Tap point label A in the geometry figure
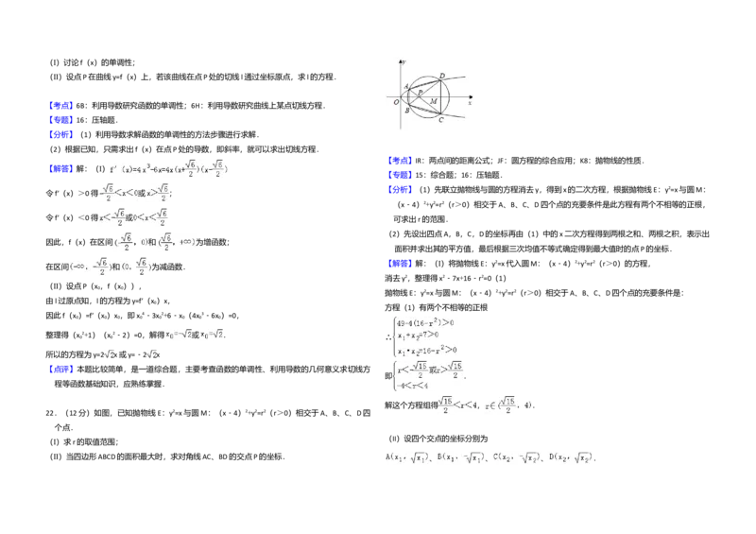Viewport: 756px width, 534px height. point(405,86)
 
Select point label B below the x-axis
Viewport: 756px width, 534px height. point(406,111)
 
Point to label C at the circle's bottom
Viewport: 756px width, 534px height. point(441,120)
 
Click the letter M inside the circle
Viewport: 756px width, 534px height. point(433,101)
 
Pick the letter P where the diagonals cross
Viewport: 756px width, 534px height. point(421,93)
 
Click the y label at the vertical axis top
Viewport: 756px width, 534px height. point(406,61)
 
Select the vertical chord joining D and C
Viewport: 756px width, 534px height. point(440,97)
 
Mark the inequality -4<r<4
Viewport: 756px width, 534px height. point(414,386)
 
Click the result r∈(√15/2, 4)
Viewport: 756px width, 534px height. point(509,405)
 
